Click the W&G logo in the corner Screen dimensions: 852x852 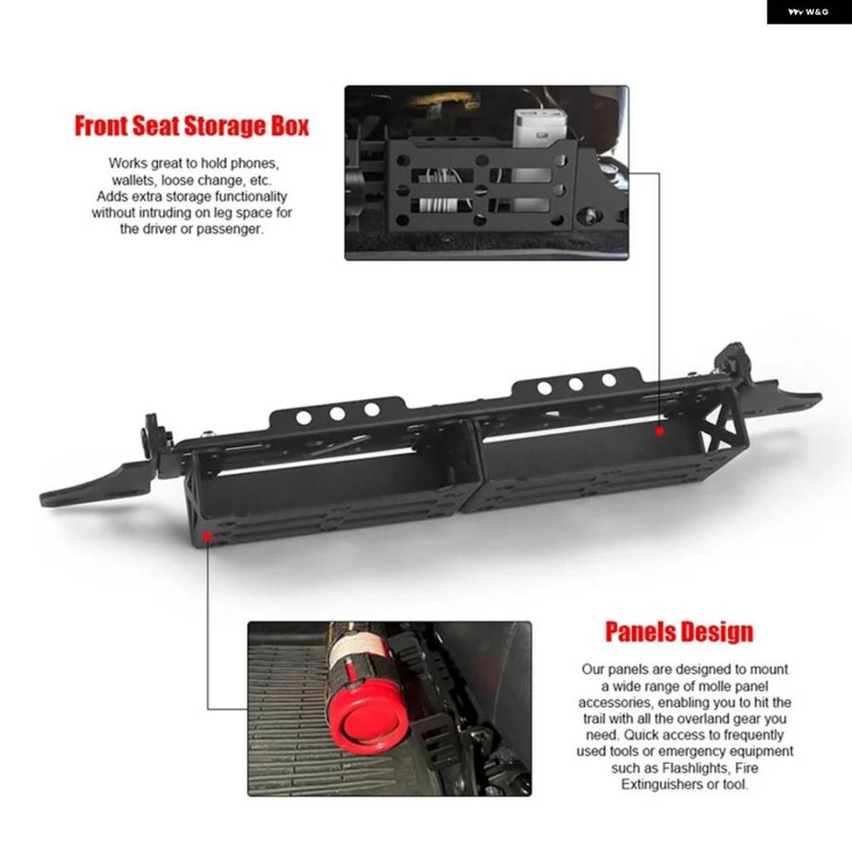[808, 11]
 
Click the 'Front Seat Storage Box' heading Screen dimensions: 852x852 [192, 126]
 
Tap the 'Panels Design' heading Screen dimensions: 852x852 [679, 632]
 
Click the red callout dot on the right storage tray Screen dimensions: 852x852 [660, 432]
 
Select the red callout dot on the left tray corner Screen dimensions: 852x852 [207, 537]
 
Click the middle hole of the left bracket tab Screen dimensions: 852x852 [337, 414]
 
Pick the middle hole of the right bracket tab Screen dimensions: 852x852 [576, 384]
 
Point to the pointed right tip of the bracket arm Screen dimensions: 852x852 [820, 399]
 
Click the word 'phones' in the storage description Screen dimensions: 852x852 [255, 164]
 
